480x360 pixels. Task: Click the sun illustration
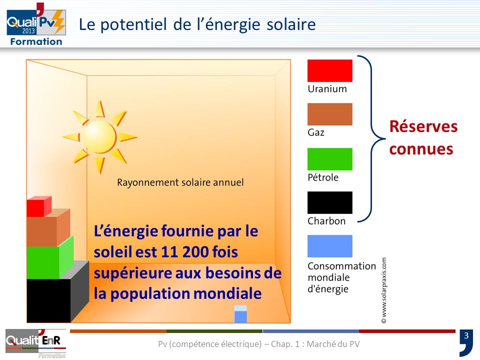coord(99,136)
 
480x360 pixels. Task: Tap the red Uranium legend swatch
coord(329,70)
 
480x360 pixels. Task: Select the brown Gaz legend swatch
coord(329,114)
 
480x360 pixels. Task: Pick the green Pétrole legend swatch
coord(329,158)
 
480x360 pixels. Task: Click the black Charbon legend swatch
coord(329,202)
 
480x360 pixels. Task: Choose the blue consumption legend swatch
coord(329,246)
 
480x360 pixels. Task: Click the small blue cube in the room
coord(240,314)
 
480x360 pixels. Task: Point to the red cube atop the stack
coord(38,206)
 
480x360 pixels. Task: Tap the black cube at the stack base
coord(48,300)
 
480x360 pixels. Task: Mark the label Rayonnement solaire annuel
coord(180,182)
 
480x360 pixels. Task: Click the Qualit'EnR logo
coord(35,343)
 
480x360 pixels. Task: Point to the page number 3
coord(466,335)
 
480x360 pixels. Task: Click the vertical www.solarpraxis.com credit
coord(384,290)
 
